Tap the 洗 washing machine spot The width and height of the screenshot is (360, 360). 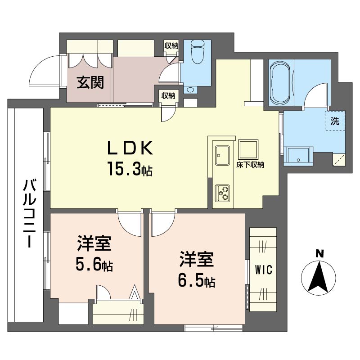[x=335, y=121]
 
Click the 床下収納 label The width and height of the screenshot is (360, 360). [x=250, y=165]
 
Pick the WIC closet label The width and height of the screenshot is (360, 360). [x=263, y=270]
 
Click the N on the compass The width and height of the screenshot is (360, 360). [x=319, y=254]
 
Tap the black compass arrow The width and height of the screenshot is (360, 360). [x=319, y=277]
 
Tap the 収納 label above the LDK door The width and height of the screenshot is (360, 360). [x=168, y=95]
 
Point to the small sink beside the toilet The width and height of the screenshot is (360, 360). [x=191, y=90]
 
